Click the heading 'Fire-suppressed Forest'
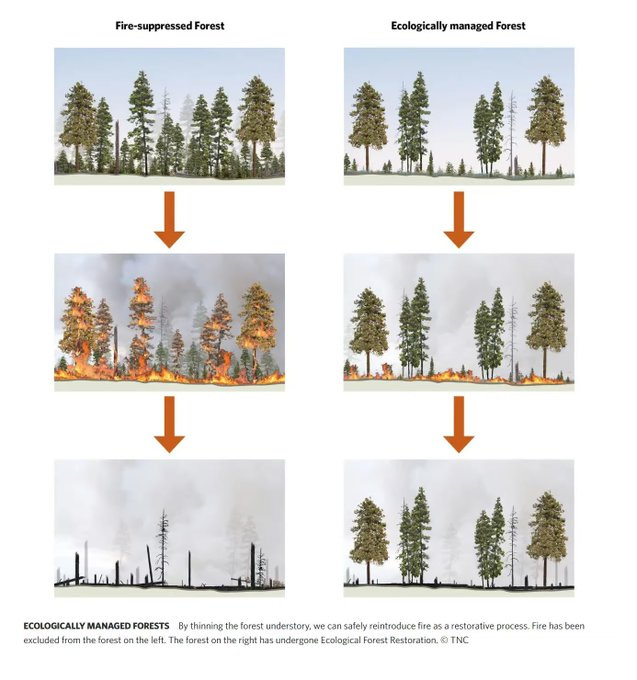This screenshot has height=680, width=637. [x=170, y=26]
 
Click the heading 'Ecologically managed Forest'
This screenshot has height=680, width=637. [x=458, y=26]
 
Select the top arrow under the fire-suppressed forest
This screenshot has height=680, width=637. [x=170, y=219]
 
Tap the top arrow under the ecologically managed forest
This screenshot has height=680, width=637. [x=459, y=219]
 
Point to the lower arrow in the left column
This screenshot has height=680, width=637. [x=170, y=425]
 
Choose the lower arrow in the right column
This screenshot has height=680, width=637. [x=459, y=425]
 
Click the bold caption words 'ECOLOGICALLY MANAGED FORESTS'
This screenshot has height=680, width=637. [x=96, y=626]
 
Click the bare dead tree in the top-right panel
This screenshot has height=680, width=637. [x=512, y=133]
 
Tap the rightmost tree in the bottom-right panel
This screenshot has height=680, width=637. [x=546, y=537]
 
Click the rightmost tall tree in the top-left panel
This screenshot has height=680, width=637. [x=257, y=125]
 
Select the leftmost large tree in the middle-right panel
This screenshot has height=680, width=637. [x=369, y=331]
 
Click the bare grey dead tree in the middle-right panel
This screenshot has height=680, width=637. [x=513, y=338]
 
